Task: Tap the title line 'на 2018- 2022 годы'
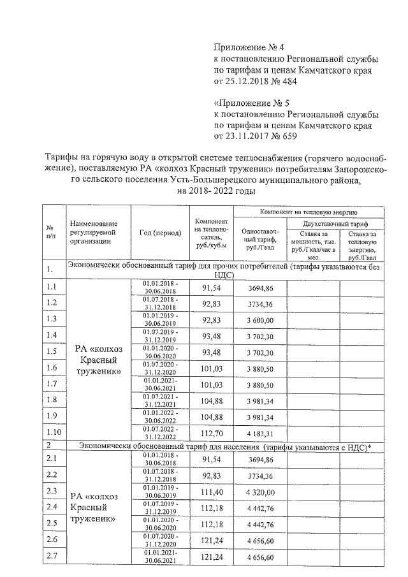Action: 216,191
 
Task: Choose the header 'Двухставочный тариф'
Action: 335,223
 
